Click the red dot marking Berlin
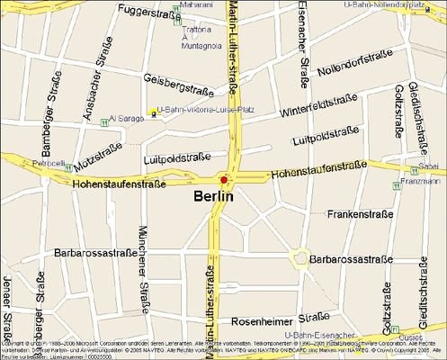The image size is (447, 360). coord(224,179)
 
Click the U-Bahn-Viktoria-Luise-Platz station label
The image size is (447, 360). coord(205,110)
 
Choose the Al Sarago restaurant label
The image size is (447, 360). coord(126,118)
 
